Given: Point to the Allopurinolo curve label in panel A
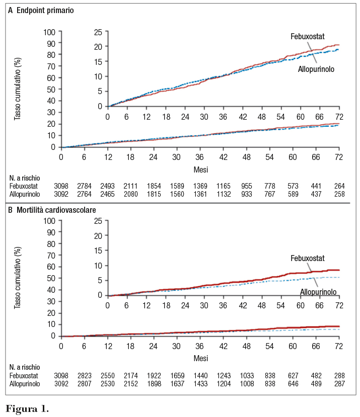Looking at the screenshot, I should (x=316, y=69).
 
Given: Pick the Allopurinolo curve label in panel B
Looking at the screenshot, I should (x=319, y=292).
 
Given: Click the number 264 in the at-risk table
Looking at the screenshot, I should (x=339, y=186).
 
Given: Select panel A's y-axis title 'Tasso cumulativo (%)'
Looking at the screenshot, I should (x=18, y=89).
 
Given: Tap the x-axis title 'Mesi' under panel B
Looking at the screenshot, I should (x=200, y=358).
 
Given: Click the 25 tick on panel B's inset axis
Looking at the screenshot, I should (x=98, y=220).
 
